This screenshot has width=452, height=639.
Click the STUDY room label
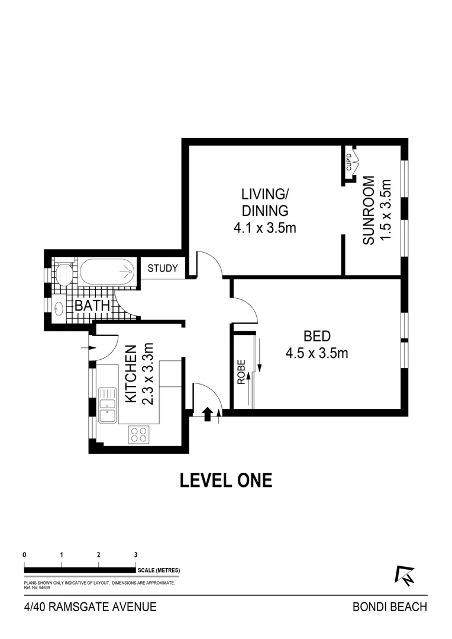pos(163,268)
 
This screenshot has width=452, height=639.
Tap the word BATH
pos(92,306)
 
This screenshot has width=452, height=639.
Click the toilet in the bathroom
pos(63,273)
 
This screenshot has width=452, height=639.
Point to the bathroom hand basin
pos(60,308)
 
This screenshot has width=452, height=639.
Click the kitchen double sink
pos(108,405)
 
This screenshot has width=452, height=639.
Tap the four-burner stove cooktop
pos(138,435)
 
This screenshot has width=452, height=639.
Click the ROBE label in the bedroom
pos(241,373)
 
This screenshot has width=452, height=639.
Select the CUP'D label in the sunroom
pos(348,162)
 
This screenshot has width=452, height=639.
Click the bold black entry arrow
pos(207,414)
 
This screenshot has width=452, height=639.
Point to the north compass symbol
pos(405,576)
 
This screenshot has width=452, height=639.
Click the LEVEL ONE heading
pos(226,480)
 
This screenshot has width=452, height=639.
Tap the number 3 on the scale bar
pos(135,555)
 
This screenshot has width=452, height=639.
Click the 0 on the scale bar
pos(24,555)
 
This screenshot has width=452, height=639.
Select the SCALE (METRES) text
pos(158,570)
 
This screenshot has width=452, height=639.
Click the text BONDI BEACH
pos(389,607)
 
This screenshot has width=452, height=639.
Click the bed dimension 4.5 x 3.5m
pos(316,354)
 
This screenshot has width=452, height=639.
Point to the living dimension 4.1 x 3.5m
pos(264,227)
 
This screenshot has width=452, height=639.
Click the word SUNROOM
pos(368,211)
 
